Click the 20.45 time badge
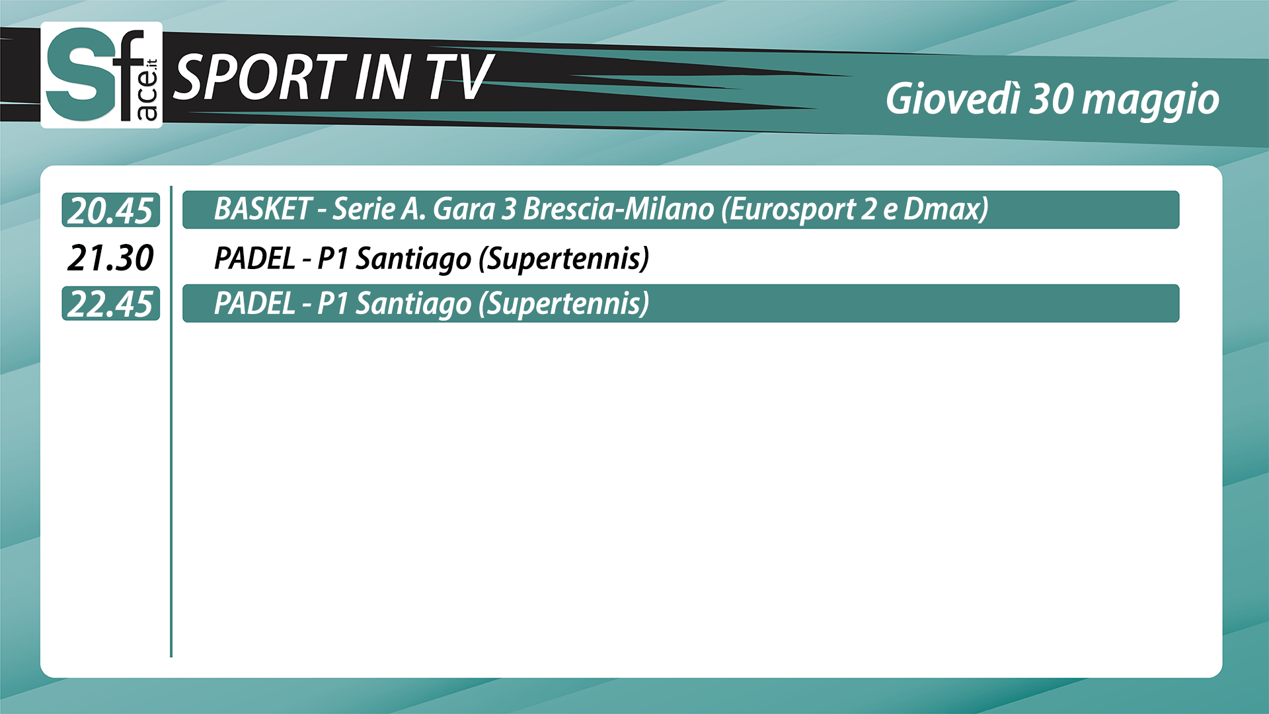click(111, 210)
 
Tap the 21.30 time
click(110, 257)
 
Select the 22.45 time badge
click(111, 303)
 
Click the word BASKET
click(262, 209)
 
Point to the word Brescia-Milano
click(619, 209)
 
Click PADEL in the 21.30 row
click(254, 258)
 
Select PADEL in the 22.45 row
click(254, 303)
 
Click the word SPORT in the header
click(259, 77)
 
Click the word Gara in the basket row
click(463, 209)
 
